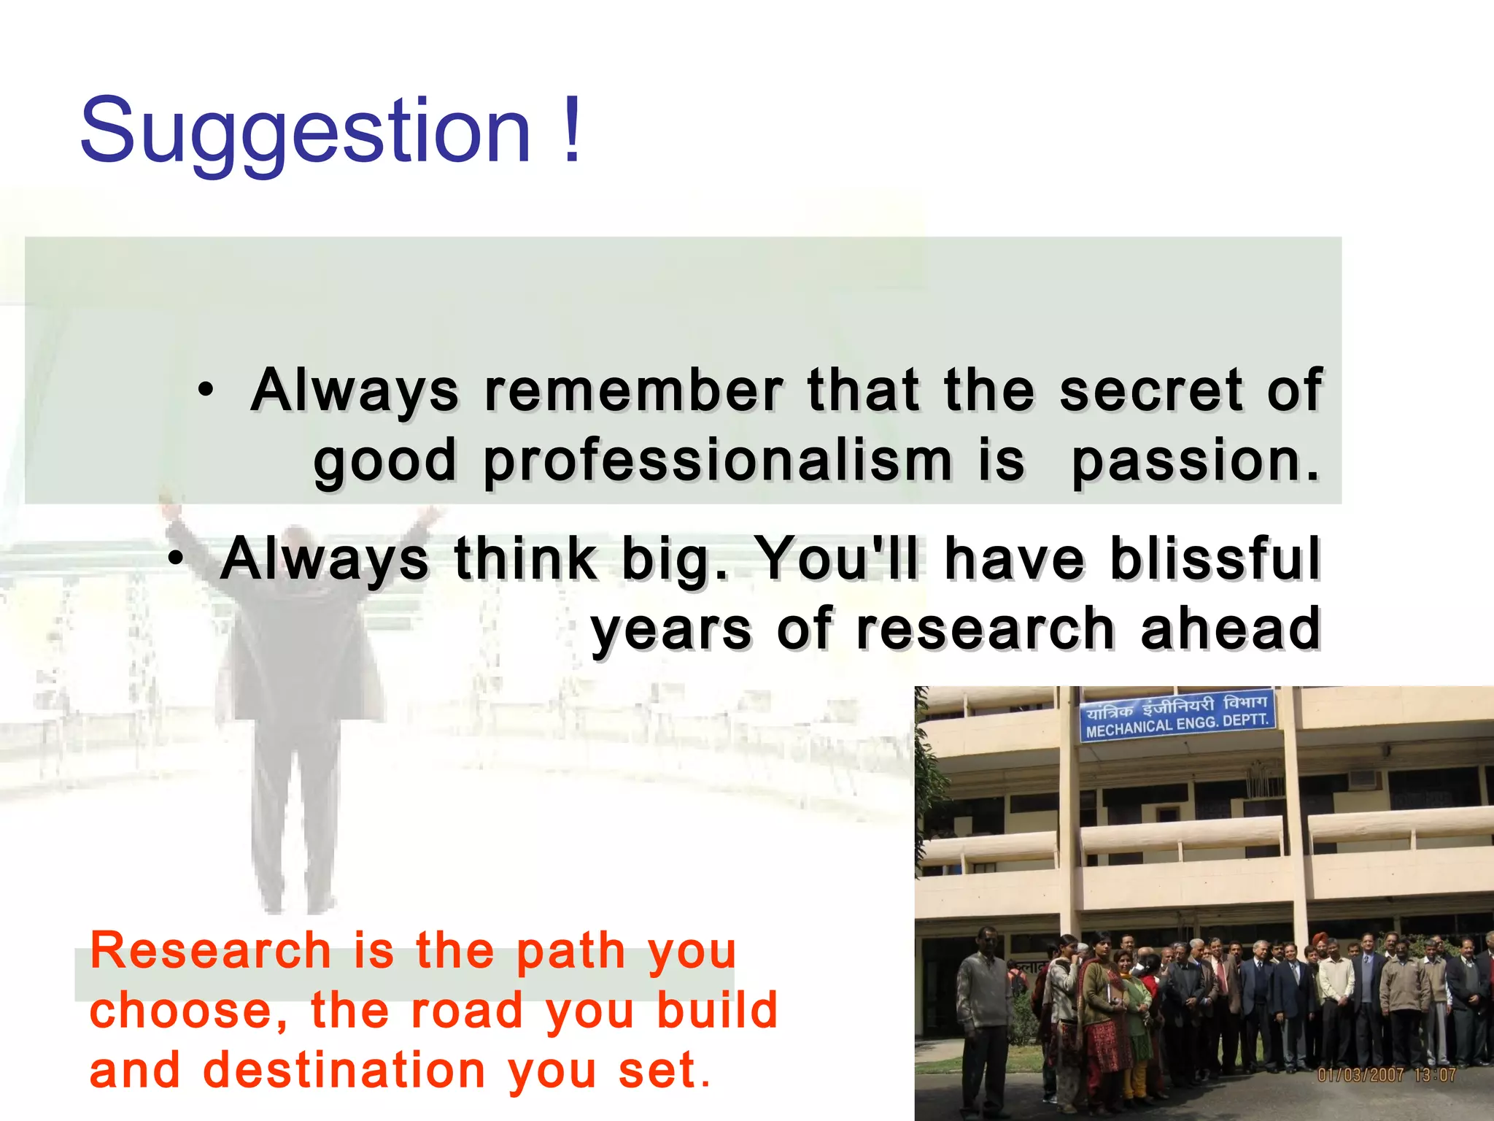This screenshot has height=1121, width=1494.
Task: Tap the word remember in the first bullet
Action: click(x=633, y=391)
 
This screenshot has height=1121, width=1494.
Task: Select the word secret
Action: click(x=1150, y=391)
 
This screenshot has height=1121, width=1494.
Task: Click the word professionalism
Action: click(x=717, y=461)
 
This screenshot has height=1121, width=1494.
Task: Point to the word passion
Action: click(x=1195, y=461)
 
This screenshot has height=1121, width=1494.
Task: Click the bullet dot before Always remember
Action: click(x=206, y=390)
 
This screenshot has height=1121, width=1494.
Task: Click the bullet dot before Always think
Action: click(x=176, y=560)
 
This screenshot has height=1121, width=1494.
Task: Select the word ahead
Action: click(x=1230, y=629)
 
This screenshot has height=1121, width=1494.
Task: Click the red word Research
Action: click(x=211, y=951)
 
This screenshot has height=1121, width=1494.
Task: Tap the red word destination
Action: click(x=344, y=1070)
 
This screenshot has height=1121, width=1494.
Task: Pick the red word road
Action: click(x=467, y=1011)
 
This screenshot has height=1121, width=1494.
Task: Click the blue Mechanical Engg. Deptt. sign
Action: click(x=1177, y=715)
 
